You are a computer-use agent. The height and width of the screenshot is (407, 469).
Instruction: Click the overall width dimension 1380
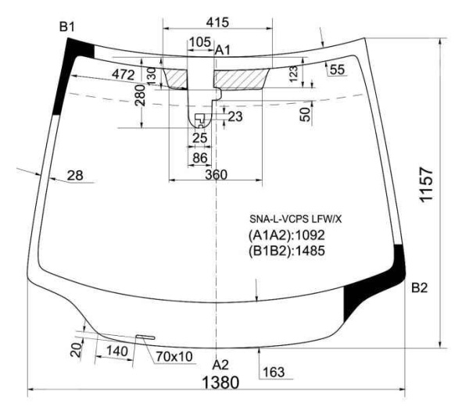(220, 382)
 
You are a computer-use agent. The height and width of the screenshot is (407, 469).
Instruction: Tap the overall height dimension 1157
(426, 185)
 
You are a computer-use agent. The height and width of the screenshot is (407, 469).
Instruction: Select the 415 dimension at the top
(218, 23)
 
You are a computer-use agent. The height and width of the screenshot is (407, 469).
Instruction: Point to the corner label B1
(66, 27)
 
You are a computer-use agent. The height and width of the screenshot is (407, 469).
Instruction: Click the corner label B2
(419, 287)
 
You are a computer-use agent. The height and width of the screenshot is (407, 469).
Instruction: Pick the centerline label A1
(223, 50)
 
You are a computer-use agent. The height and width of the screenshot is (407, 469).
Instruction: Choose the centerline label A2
(220, 365)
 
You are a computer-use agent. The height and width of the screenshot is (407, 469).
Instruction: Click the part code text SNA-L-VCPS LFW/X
(295, 220)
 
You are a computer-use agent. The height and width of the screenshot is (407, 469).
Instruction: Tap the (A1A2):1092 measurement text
(287, 235)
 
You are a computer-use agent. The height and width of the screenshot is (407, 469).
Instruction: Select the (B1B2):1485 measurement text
(287, 251)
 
